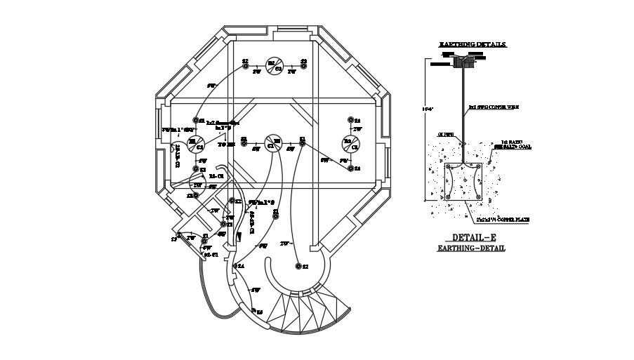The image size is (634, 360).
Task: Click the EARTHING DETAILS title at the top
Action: point(473,44)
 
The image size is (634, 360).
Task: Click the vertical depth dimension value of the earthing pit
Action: point(419,109)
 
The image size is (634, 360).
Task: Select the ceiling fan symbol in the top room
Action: point(275,65)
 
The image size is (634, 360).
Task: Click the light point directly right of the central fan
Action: point(303,142)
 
